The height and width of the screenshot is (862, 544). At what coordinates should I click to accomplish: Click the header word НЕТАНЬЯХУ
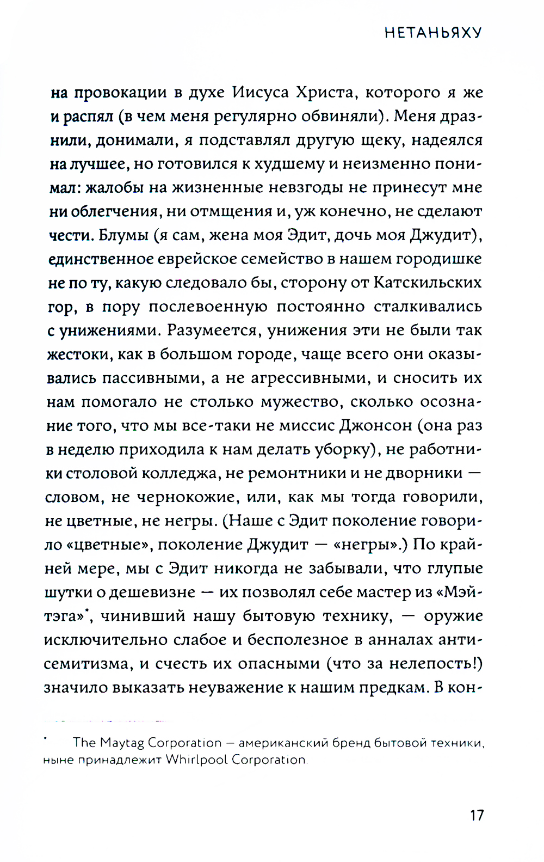point(433,33)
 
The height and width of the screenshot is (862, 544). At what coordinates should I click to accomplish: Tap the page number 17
point(477,815)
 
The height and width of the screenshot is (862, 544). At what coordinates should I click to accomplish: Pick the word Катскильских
point(428,283)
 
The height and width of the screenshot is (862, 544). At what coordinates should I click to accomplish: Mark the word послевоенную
point(208,307)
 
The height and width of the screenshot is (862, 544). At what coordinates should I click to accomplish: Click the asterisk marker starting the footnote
point(46,739)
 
